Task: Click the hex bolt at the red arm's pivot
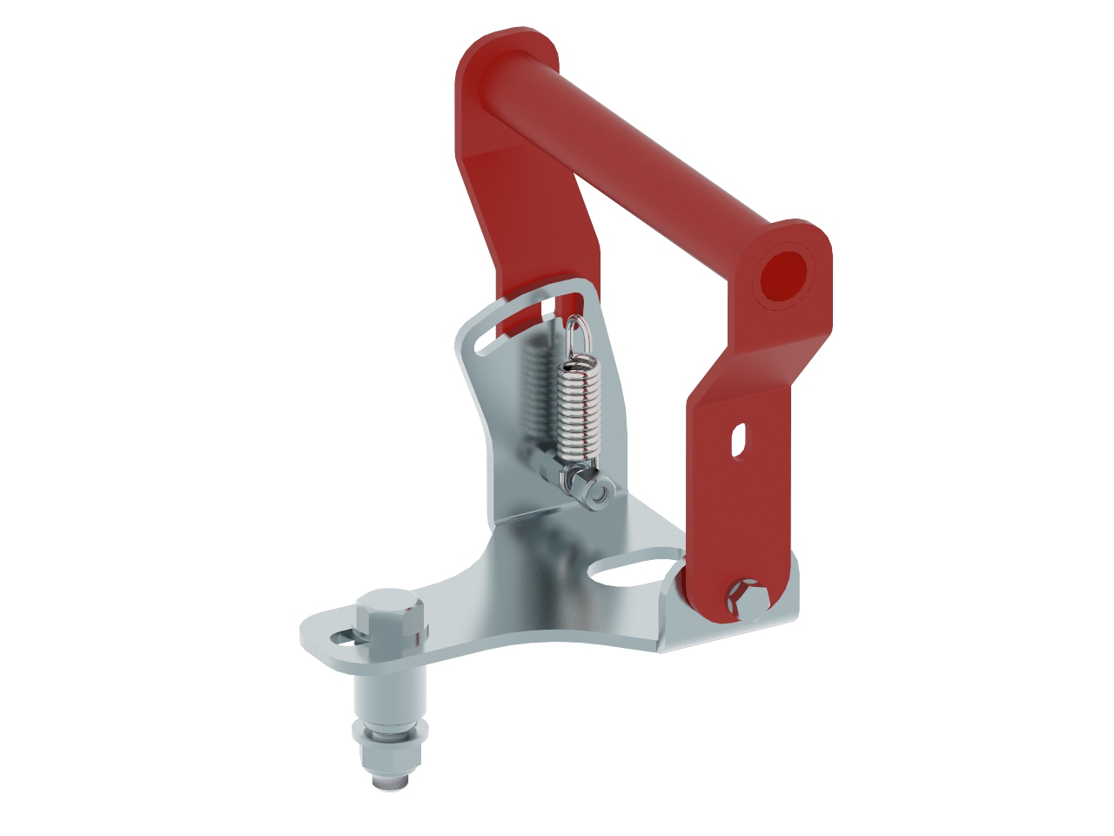(x=749, y=598)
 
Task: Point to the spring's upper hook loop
(x=577, y=335)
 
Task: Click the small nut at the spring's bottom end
(x=597, y=494)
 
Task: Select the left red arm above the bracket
(x=522, y=218)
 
